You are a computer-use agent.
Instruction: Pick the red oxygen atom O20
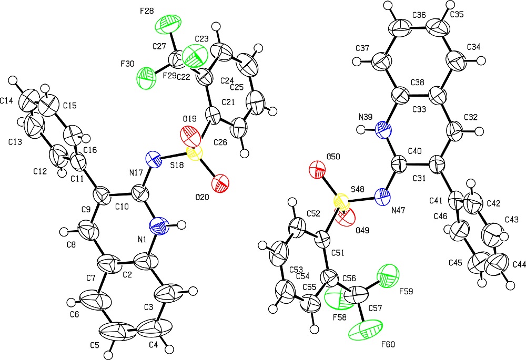coord(220,184)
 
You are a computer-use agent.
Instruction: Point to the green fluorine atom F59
coord(389,274)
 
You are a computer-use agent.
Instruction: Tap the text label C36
coord(419,15)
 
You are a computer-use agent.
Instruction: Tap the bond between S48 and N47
coord(362,200)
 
